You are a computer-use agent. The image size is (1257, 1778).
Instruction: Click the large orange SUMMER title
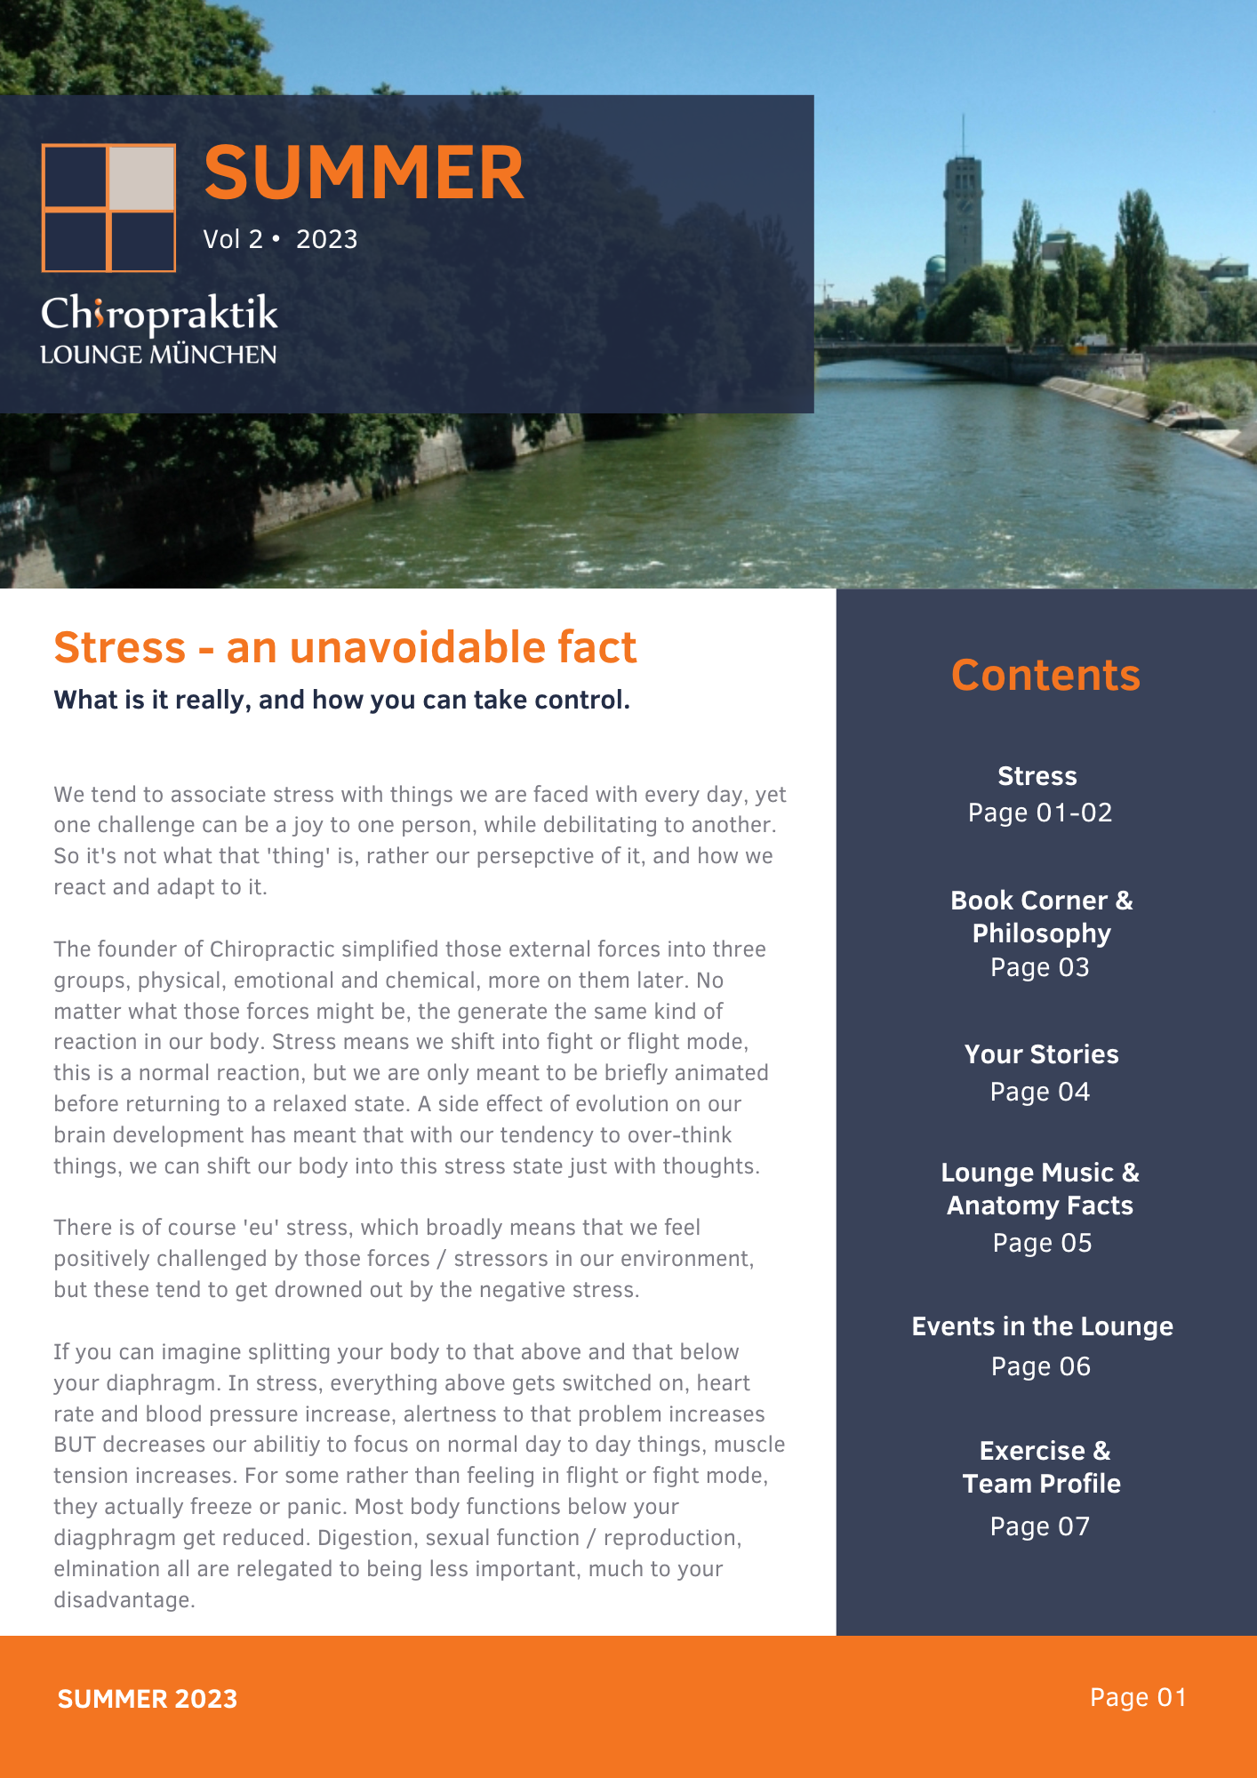[x=364, y=172]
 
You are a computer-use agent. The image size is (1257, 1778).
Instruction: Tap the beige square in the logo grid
[x=141, y=178]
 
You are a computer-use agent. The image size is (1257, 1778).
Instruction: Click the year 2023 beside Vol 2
[x=326, y=239]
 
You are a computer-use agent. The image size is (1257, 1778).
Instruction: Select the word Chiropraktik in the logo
[x=159, y=315]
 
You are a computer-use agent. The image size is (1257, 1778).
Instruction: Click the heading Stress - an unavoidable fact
[x=345, y=647]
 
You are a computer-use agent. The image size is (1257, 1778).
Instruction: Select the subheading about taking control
[x=341, y=701]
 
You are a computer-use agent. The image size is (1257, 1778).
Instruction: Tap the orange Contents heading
[x=1045, y=675]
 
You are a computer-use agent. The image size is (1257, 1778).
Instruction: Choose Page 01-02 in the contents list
[x=1040, y=813]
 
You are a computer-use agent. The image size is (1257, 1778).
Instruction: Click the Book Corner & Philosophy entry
[x=1041, y=917]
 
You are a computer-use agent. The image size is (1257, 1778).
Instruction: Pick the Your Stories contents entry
[x=1041, y=1054]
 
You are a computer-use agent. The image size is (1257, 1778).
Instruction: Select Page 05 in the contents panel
[x=1042, y=1243]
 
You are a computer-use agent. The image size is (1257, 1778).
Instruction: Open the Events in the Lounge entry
[x=1042, y=1326]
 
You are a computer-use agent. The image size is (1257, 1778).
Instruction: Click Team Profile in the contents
[x=1041, y=1484]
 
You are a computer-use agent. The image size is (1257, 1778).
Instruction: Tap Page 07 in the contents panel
[x=1040, y=1526]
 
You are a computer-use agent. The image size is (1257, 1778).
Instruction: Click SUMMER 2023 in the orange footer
[x=148, y=1699]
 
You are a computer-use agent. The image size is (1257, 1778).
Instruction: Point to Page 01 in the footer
[x=1138, y=1698]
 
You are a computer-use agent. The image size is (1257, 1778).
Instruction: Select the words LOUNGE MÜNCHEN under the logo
[x=158, y=355]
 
